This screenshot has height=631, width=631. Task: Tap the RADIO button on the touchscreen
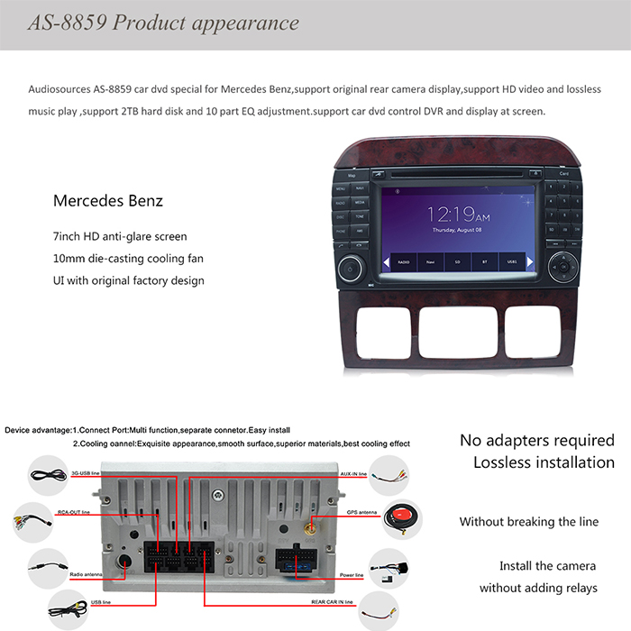coord(403,263)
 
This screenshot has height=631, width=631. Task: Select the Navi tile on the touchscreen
coord(431,263)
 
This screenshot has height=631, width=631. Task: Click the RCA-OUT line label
coord(74,512)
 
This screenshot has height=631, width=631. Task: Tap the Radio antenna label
coord(86,573)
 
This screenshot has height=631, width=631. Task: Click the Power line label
coord(352,574)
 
